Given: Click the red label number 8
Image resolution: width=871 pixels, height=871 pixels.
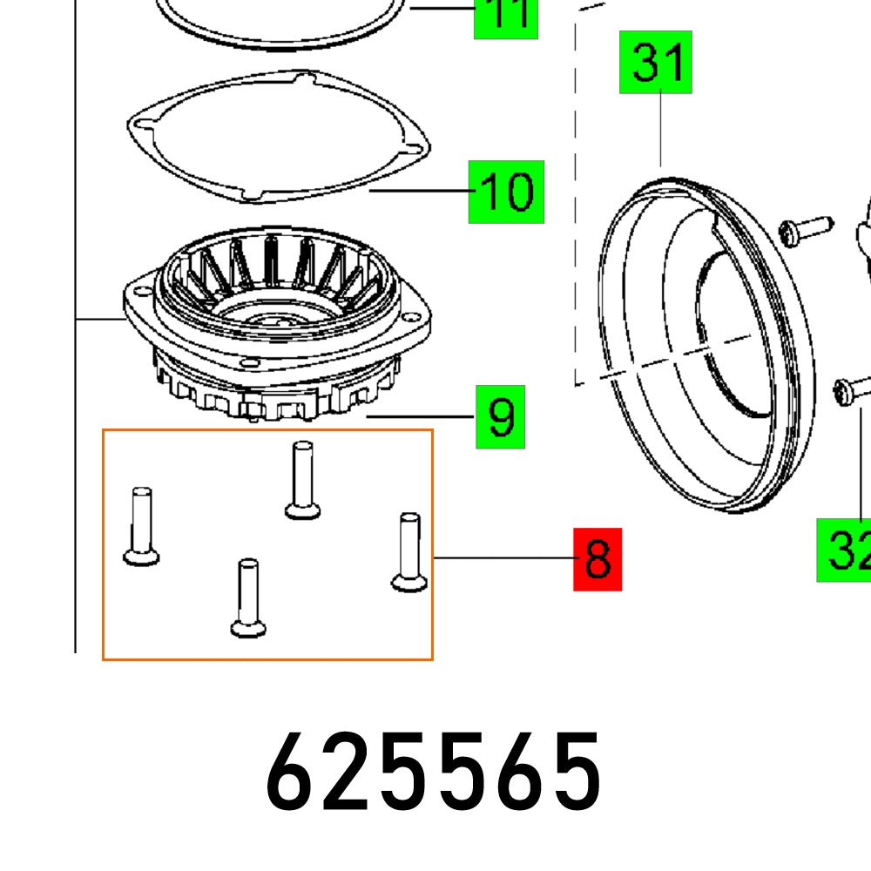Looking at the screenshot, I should [598, 559].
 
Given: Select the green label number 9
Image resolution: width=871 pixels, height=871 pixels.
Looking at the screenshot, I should [500, 418].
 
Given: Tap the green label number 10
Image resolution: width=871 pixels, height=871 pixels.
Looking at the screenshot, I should [506, 191].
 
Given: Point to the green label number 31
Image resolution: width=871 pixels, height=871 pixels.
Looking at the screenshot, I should [655, 62].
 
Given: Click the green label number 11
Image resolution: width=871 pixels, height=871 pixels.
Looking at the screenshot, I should [506, 17].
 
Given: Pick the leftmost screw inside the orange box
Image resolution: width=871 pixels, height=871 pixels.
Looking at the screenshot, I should [141, 526].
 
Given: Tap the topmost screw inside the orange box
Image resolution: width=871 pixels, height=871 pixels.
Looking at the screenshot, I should [301, 480].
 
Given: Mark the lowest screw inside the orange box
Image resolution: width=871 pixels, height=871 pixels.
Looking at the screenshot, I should [247, 598].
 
